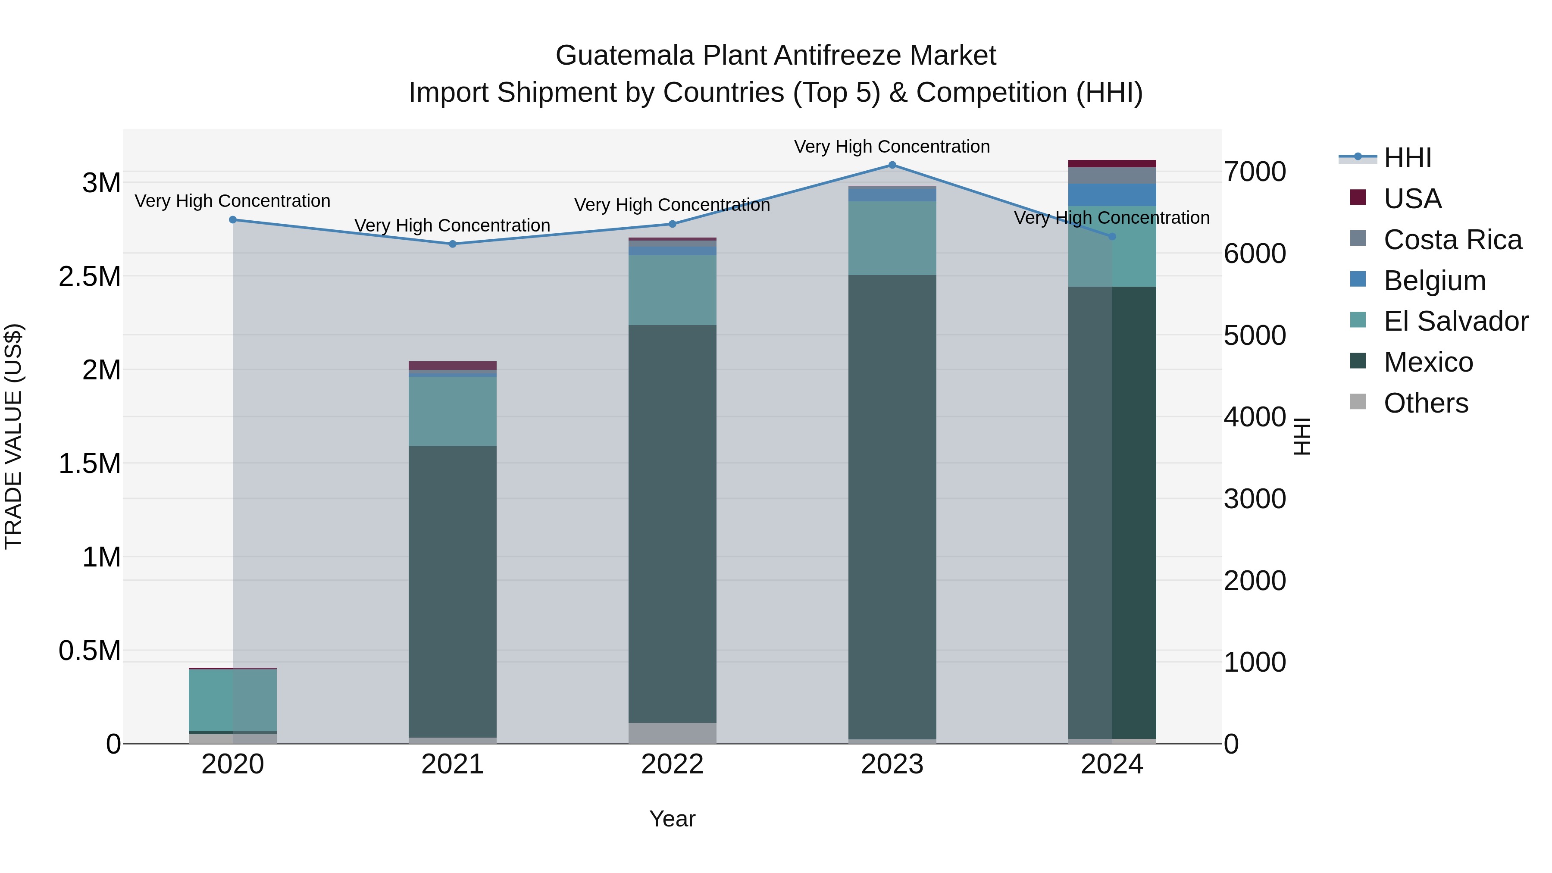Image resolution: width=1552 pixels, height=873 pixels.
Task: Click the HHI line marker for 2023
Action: coord(892,165)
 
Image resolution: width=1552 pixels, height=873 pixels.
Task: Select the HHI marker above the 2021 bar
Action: coord(453,244)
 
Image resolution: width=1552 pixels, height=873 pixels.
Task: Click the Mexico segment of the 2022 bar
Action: coord(673,524)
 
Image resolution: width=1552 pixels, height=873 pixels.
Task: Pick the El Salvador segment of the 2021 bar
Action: coord(453,412)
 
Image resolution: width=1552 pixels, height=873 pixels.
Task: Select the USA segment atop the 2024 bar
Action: coord(1112,164)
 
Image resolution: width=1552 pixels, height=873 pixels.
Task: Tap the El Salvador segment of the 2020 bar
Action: coord(232,700)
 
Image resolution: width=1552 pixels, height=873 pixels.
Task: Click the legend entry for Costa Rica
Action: coord(1452,240)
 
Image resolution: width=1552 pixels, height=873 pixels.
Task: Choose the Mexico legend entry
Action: coord(1428,362)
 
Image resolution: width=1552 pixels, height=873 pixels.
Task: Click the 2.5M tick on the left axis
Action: coord(90,276)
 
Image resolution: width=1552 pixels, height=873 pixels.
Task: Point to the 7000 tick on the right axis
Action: coord(1255,172)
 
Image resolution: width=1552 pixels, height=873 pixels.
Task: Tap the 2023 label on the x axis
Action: coord(892,764)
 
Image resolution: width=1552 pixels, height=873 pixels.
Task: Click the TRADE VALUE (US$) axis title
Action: coord(13,436)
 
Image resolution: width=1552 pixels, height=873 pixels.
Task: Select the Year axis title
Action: coord(673,819)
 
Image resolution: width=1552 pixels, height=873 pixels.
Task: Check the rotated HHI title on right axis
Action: coord(1302,436)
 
